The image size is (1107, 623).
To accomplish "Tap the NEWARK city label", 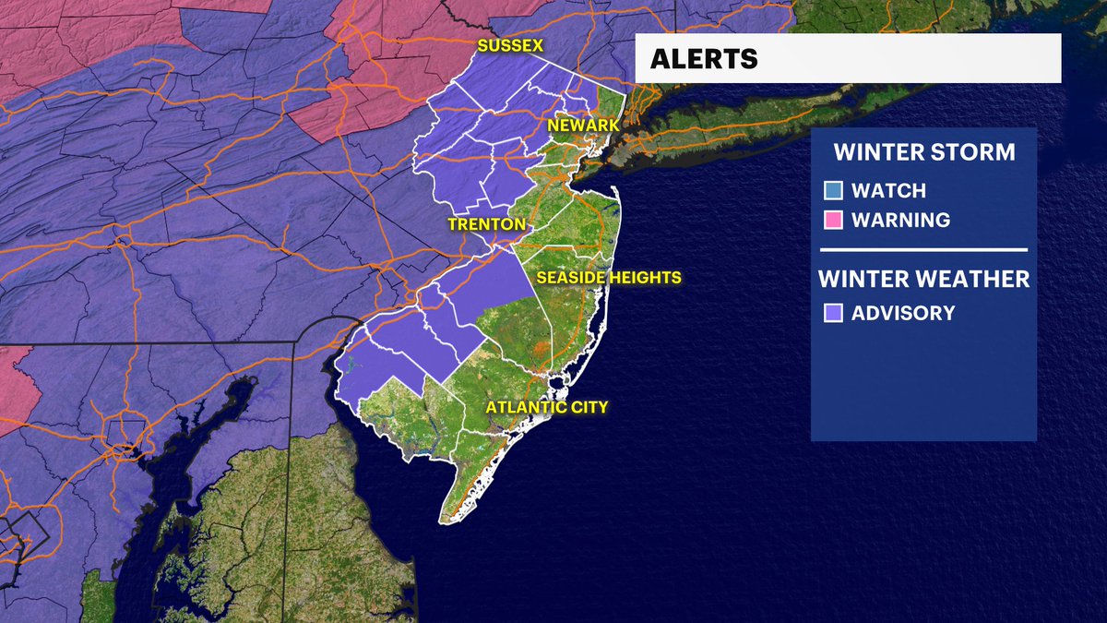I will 583,125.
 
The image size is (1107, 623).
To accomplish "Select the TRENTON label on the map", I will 486,224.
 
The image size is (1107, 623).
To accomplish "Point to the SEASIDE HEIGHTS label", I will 609,277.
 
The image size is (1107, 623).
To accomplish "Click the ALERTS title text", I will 704,59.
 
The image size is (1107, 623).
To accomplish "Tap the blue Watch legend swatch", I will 833,191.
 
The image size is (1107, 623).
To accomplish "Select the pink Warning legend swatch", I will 833,221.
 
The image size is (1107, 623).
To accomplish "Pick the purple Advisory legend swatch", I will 833,313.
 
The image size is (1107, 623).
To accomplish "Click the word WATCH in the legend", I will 888,191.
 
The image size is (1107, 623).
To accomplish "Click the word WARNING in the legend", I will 900,221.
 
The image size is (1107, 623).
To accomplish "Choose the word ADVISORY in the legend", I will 903,313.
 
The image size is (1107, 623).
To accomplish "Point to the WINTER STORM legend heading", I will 923,151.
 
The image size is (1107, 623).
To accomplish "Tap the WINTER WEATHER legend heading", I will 923,278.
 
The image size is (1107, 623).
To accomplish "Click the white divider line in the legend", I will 923,249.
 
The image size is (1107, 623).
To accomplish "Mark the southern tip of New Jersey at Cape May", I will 444,519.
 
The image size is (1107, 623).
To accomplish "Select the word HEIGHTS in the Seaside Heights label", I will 645,277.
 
